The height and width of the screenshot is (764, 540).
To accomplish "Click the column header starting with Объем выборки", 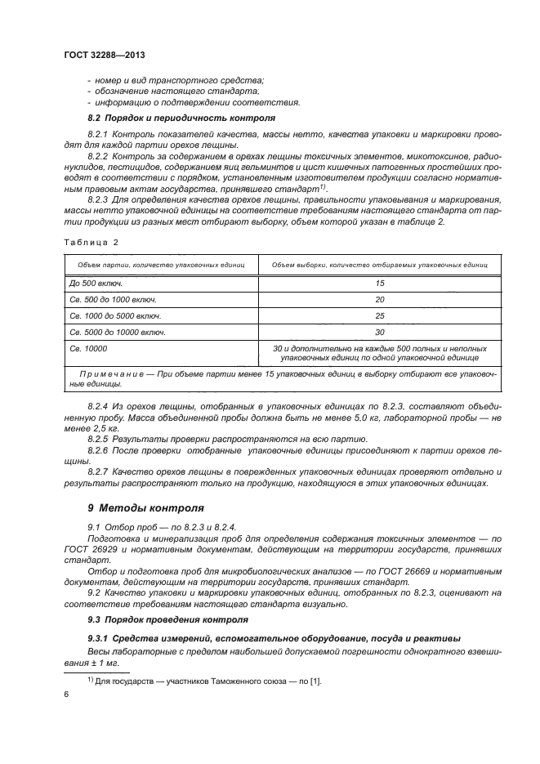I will pyautogui.click(x=379, y=266).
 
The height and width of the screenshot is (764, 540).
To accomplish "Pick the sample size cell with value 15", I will pyautogui.click(x=379, y=283).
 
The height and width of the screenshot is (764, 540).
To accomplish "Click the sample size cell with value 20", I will pyautogui.click(x=379, y=299).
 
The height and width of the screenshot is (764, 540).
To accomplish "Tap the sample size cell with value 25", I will pyautogui.click(x=379, y=315).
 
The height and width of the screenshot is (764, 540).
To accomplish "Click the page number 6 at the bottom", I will pyautogui.click(x=66, y=695).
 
